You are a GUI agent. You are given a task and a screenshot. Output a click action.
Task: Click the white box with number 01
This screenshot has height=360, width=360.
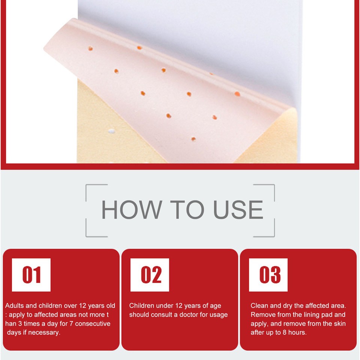point(31,275)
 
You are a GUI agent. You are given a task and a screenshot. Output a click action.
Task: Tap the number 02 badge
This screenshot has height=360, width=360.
point(150,275)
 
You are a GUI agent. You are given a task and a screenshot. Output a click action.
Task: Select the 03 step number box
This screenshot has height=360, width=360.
point(268,275)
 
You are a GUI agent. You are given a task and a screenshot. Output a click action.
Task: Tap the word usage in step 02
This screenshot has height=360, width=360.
point(218,315)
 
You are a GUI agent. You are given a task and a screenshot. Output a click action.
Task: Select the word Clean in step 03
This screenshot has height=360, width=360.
point(259,306)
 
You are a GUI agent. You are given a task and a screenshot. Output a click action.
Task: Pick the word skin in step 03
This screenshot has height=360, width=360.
point(339,324)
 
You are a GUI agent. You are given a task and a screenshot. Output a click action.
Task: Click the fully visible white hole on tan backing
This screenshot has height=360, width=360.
point(111,131)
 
